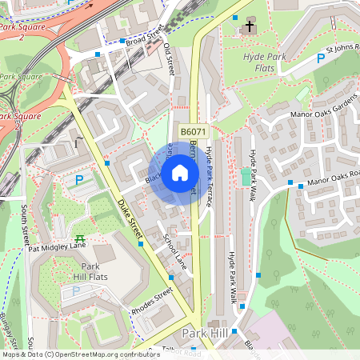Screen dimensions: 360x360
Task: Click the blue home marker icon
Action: (x=180, y=172)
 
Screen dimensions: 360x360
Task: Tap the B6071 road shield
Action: (x=193, y=132)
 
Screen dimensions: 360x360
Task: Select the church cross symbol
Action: (x=249, y=27)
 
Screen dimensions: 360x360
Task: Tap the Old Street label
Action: (x=169, y=59)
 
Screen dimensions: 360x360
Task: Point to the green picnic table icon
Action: (x=80, y=238)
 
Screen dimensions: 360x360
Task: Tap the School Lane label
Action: (x=174, y=250)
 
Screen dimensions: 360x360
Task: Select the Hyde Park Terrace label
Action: (x=209, y=177)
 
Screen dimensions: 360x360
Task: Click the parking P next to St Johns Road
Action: (x=321, y=58)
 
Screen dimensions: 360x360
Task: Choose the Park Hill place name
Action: (x=206, y=333)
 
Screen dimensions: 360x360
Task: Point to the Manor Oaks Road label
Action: (x=334, y=179)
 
